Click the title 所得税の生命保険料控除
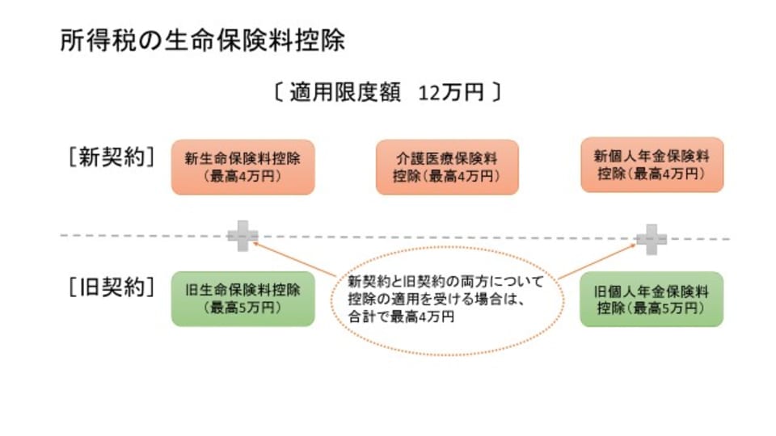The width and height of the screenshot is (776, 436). tap(202, 42)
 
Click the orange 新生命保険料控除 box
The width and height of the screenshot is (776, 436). tap(242, 166)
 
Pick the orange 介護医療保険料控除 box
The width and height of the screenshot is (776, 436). tap(447, 166)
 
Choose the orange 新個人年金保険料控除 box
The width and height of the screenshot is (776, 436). tap(652, 165)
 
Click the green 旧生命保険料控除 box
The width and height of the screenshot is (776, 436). tap(242, 299)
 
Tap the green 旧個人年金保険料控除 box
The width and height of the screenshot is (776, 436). tap(652, 299)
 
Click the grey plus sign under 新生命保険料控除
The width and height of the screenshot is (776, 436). tap(242, 237)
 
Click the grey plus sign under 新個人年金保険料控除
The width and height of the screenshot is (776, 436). tap(652, 237)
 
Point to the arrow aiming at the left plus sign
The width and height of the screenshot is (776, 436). tap(295, 258)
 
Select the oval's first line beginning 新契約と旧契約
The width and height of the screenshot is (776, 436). tap(445, 283)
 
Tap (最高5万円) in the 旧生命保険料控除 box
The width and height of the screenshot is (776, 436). tap(242, 308)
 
